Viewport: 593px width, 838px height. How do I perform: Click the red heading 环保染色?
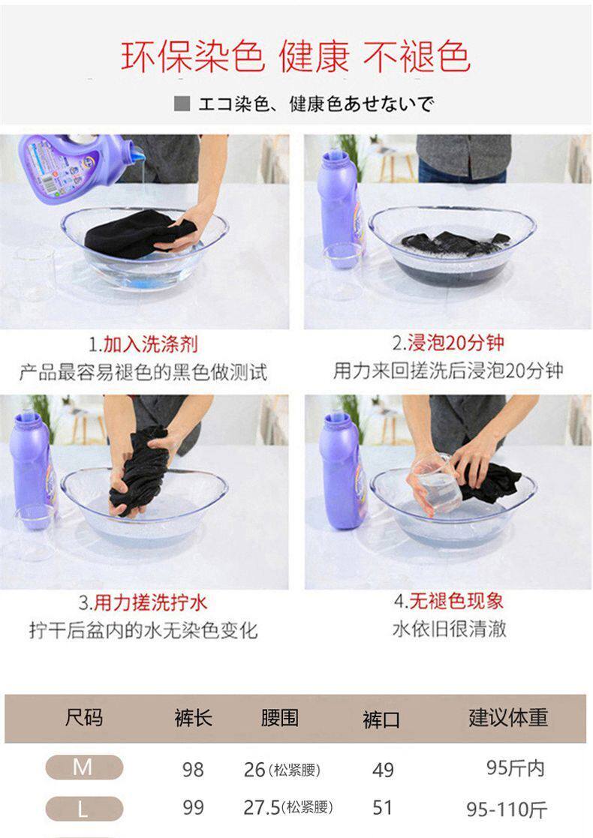(x=192, y=57)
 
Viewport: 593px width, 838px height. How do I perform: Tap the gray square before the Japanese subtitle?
(x=182, y=103)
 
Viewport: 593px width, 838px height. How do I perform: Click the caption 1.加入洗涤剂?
(x=143, y=344)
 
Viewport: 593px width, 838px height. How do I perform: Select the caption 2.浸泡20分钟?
(x=448, y=343)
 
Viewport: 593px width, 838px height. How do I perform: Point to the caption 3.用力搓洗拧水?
(x=142, y=602)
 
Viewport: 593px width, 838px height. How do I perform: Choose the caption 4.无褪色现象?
(x=448, y=601)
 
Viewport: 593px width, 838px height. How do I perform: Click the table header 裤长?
(x=193, y=718)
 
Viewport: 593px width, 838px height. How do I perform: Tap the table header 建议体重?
(x=508, y=717)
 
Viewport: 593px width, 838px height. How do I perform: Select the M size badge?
(x=84, y=767)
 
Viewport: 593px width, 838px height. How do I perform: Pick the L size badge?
(x=84, y=809)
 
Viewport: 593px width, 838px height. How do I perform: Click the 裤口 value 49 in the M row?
(x=383, y=770)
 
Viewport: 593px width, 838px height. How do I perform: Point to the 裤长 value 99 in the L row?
(x=193, y=807)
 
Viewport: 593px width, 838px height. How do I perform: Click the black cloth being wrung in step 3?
(x=138, y=470)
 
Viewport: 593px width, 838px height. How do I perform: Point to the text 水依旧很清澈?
(x=449, y=629)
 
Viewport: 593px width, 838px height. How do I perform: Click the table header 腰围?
(x=280, y=718)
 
